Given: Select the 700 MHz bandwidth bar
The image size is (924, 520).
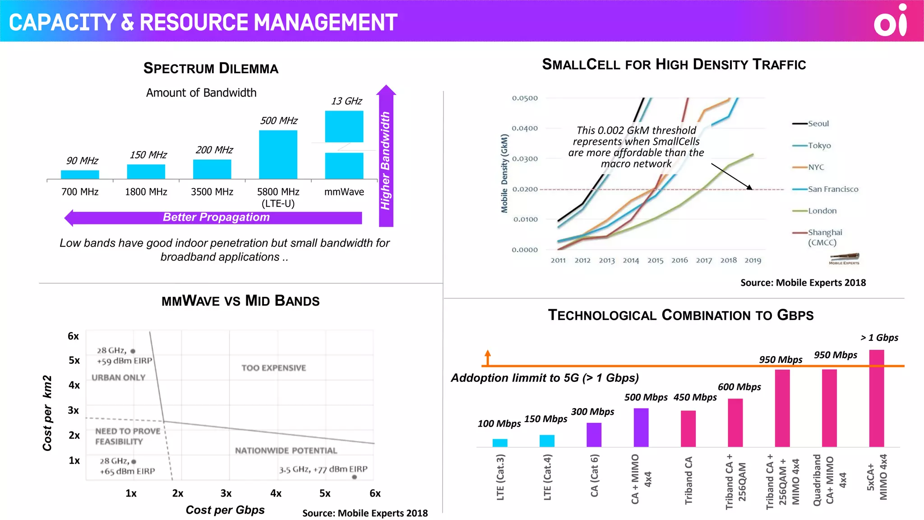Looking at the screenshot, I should point(80,174).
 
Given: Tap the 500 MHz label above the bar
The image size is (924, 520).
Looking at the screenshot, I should point(278,121).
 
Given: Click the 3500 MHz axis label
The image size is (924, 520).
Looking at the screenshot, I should point(212,192).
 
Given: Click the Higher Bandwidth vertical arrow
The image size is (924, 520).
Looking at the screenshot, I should point(386,158).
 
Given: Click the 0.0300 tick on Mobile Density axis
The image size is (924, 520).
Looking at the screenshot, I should point(525,159).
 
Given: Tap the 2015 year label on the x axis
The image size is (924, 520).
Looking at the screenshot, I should point(655,260).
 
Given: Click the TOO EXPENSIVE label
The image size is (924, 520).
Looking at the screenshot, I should point(273,368).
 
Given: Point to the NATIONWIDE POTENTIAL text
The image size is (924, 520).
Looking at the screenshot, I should point(286,450).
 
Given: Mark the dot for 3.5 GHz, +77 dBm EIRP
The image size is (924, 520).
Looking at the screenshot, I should point(354,477).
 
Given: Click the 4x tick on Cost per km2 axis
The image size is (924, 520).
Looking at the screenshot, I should point(74,385).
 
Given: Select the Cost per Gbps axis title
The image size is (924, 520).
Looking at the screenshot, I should point(225,510).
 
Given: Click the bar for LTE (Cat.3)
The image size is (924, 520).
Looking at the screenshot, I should point(500,442).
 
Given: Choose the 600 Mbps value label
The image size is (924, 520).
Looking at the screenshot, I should point(739,387).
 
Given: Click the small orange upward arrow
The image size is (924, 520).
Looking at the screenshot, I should point(488,357).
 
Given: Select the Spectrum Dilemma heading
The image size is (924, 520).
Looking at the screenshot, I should point(211,68).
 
